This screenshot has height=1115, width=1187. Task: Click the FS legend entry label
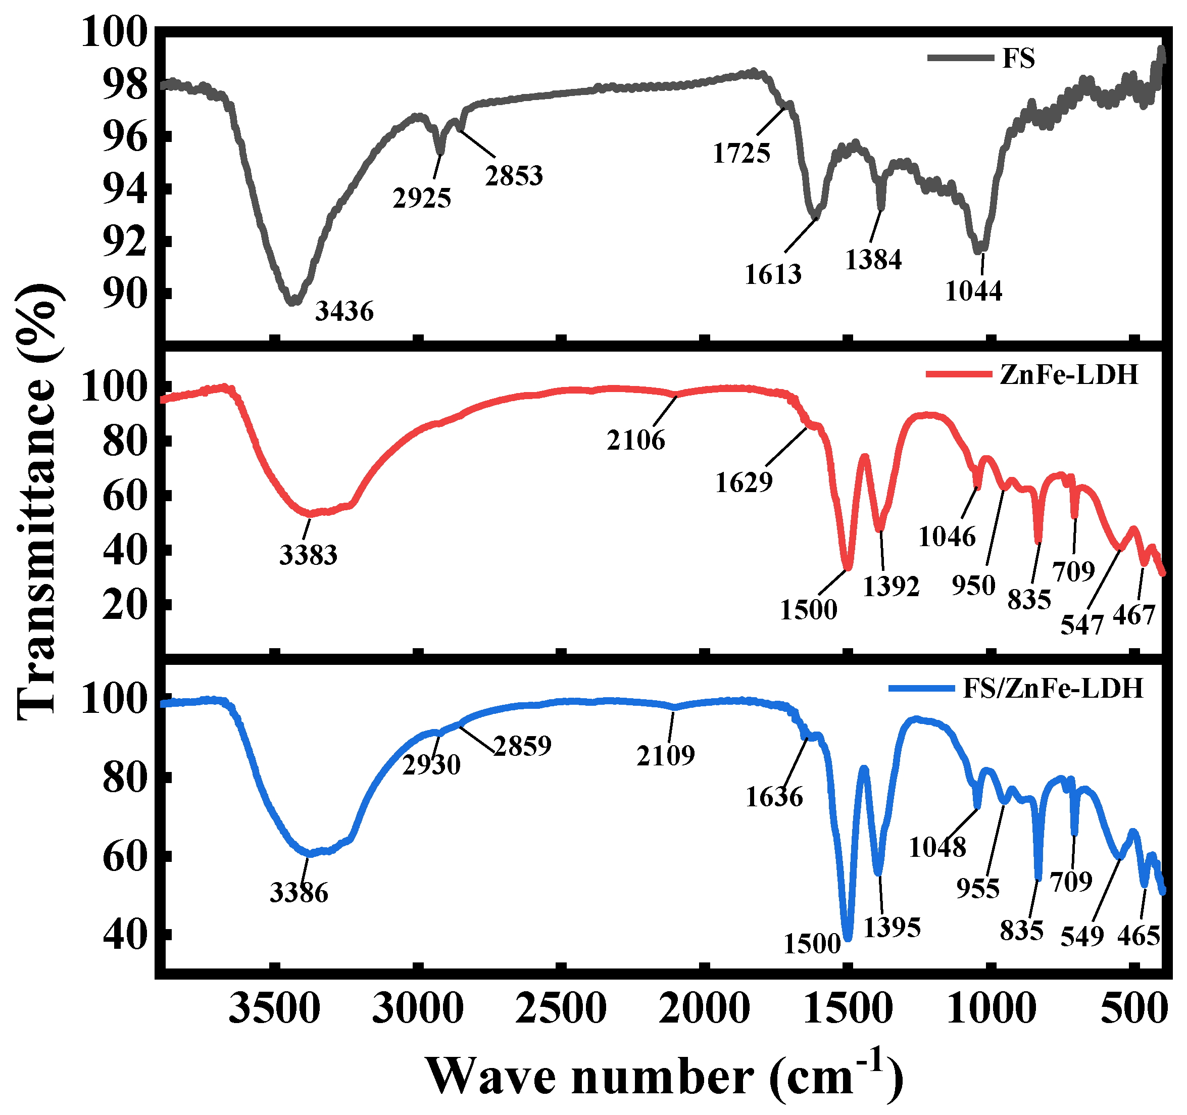coord(1019,59)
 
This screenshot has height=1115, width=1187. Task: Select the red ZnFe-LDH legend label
coord(1069,374)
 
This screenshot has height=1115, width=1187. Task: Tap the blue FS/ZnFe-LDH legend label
coord(1053,689)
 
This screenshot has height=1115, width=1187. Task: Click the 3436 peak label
coord(344,311)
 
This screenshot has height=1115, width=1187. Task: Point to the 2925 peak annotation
coord(422,198)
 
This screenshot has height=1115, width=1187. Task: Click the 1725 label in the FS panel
coord(741,154)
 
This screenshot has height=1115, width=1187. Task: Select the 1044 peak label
coord(973,291)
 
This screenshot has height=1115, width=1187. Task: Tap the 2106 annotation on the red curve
coord(636,441)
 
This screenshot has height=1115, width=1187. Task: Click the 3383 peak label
coord(308,555)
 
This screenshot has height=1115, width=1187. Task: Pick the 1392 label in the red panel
coord(891,587)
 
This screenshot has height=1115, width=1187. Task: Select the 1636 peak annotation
coord(774,797)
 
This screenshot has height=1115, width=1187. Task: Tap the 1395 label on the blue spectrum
coord(892,928)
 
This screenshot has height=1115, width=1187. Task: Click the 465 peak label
coord(1139,936)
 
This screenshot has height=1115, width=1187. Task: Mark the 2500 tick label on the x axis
coord(561,1009)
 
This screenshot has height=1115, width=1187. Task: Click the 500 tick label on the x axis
coord(1133,1009)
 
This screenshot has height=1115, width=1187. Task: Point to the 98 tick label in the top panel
coord(124,85)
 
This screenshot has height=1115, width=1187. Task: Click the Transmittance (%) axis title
coord(39,502)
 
